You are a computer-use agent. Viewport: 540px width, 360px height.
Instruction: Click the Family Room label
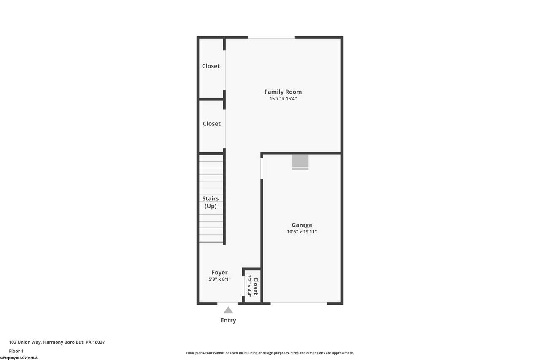pos(283,92)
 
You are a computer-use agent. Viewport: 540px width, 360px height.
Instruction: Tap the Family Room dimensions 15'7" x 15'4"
pos(283,99)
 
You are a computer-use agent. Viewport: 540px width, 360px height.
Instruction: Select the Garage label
pos(302,225)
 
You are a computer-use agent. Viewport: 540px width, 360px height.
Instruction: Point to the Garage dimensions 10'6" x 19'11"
pos(302,232)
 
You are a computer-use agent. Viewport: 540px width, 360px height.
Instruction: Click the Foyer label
pos(219,273)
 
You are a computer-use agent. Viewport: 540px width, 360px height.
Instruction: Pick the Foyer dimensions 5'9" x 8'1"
pos(219,279)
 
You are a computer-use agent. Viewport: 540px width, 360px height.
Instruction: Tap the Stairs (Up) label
pos(211,202)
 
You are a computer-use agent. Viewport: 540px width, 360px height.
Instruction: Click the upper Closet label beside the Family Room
pos(211,66)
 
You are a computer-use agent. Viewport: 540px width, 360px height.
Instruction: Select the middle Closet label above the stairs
pos(212,124)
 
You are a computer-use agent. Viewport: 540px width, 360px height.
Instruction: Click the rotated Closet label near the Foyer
pos(256,286)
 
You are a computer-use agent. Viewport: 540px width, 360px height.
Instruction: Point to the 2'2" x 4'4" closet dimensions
pos(249,286)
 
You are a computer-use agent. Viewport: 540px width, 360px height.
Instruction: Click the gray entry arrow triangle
pos(228,310)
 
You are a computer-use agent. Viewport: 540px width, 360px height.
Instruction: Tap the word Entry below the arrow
pos(228,320)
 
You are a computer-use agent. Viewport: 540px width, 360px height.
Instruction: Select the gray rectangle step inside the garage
pos(300,162)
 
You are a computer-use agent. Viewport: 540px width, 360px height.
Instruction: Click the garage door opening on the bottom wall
pos(299,303)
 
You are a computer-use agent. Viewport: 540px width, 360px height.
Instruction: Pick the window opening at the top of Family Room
pos(271,38)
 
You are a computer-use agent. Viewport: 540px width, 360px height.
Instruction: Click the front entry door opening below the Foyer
pos(227,303)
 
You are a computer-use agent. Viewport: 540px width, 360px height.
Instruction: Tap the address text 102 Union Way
pos(25,342)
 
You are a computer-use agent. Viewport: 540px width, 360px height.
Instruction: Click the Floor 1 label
pos(16,351)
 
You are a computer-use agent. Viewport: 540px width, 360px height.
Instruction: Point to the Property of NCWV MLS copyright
pos(19,358)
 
